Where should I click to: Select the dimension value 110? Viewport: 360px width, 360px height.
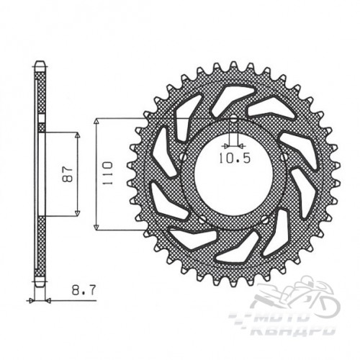click(x=107, y=174)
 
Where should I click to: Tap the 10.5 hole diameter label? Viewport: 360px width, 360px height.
click(x=235, y=158)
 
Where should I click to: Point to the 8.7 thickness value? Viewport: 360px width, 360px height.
click(x=84, y=290)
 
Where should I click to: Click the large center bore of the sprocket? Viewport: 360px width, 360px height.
click(x=233, y=178)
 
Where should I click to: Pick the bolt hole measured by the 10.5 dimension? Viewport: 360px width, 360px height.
click(x=233, y=118)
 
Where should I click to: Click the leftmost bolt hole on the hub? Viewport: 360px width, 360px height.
click(x=183, y=157)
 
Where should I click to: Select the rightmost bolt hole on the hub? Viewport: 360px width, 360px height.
click(x=284, y=157)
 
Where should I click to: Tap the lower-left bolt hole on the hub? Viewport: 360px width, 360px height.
click(x=202, y=219)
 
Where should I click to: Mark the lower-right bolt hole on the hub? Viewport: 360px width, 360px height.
click(x=265, y=219)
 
